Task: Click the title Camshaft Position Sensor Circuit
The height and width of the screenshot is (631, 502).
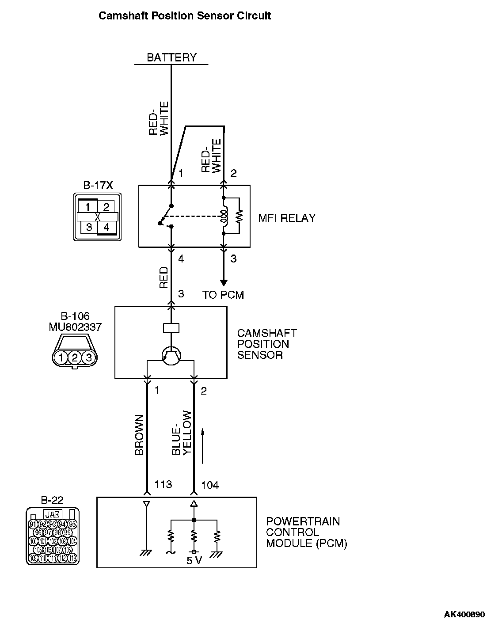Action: click(184, 16)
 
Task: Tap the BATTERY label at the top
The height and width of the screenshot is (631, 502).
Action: click(171, 57)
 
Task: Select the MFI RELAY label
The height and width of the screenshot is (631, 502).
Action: click(287, 218)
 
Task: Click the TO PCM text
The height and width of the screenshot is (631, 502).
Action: click(223, 295)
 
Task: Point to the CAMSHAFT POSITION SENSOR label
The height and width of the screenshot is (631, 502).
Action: click(266, 344)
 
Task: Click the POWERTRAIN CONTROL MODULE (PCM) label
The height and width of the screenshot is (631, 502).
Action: click(306, 532)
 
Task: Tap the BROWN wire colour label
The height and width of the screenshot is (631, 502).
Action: click(140, 435)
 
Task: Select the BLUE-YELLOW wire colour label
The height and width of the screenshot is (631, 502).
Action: click(181, 433)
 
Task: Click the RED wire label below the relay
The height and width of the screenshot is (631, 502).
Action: click(164, 277)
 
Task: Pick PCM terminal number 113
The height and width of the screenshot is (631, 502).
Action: click(163, 484)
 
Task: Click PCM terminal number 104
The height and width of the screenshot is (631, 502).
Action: click(209, 485)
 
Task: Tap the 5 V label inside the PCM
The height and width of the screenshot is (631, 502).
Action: click(194, 561)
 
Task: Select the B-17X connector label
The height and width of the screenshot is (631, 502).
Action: click(98, 185)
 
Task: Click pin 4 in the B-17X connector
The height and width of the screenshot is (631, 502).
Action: click(106, 228)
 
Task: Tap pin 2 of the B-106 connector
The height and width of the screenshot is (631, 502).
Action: click(75, 357)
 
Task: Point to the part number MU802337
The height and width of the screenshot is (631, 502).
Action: click(75, 327)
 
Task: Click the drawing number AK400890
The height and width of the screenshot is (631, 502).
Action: click(464, 615)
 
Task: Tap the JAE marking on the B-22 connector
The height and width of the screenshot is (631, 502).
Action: click(53, 514)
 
